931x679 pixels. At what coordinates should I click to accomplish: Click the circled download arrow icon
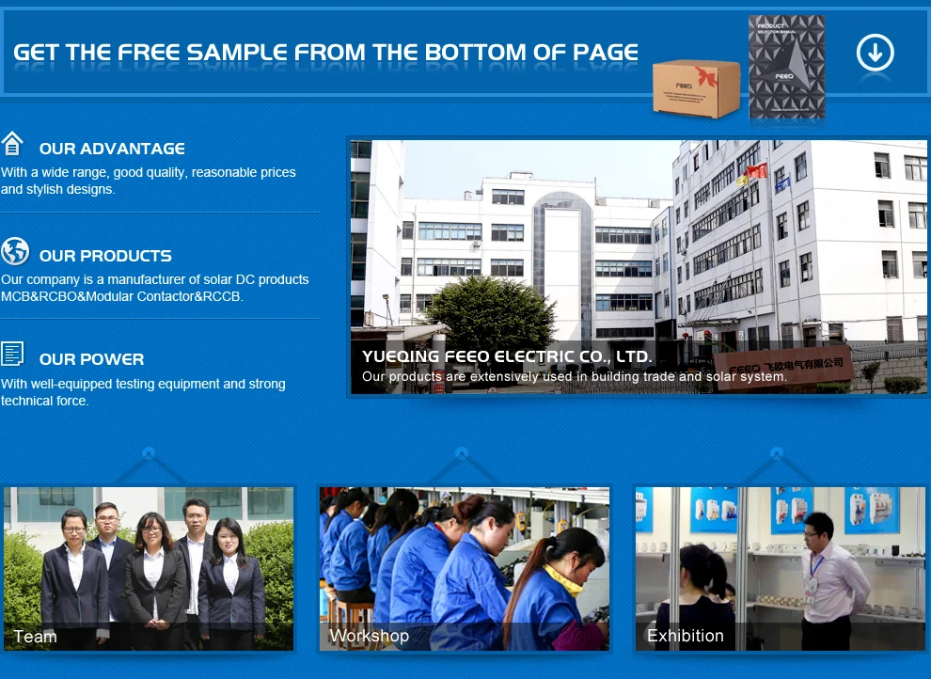point(876,53)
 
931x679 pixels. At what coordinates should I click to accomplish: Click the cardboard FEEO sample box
point(697,87)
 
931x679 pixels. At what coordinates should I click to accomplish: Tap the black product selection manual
point(787,67)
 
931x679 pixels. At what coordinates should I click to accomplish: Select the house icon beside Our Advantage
point(12,143)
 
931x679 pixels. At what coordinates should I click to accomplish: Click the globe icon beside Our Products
point(15,251)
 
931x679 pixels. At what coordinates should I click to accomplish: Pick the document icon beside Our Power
point(12,354)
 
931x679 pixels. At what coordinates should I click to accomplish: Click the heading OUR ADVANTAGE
point(112,149)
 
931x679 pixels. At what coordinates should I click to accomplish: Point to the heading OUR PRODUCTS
point(105,256)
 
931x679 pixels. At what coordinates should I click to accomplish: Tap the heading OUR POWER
point(91,359)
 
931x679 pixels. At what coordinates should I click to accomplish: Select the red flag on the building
point(756,171)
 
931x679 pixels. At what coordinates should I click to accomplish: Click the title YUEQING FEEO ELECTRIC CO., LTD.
point(507,356)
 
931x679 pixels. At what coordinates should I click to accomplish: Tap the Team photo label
point(35,637)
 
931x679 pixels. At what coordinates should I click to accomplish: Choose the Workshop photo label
point(370,636)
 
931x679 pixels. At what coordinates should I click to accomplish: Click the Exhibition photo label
point(686,636)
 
